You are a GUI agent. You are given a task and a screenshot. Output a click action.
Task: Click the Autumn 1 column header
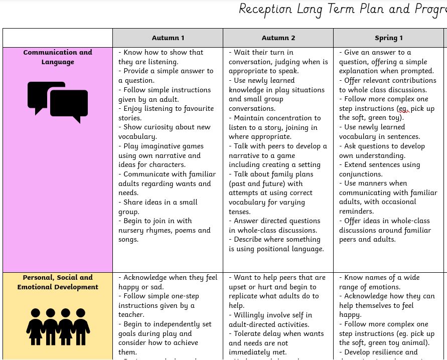(168, 38)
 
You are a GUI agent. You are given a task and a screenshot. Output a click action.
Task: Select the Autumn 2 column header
(278, 38)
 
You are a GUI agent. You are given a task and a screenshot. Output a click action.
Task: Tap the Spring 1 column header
(388, 38)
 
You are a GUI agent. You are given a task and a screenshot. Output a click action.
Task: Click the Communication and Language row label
(58, 57)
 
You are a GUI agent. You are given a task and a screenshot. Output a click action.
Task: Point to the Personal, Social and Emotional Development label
(58, 282)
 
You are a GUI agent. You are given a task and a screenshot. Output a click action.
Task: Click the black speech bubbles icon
(58, 102)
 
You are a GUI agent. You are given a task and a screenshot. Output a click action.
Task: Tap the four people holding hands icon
(58, 327)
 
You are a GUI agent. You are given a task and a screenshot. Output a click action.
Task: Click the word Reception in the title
(265, 10)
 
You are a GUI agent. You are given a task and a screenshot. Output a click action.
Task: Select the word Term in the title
(343, 10)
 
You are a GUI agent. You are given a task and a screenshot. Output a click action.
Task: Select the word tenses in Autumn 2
(240, 212)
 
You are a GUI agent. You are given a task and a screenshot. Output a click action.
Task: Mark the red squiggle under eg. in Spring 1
(404, 112)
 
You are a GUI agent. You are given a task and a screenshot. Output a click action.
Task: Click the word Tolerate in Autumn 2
(250, 333)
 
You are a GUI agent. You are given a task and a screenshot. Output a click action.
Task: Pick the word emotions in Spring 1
(381, 287)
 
